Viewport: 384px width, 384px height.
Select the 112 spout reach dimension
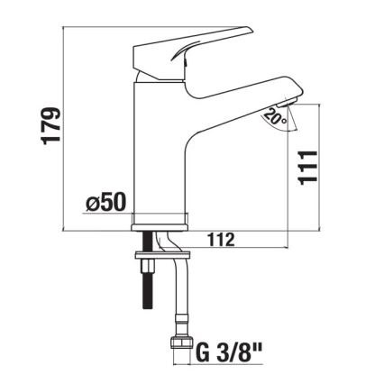pyautogui.click(x=224, y=240)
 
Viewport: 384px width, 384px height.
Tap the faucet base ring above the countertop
pyautogui.click(x=161, y=220)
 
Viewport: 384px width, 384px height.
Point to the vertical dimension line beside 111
pyautogui.click(x=288, y=171)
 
